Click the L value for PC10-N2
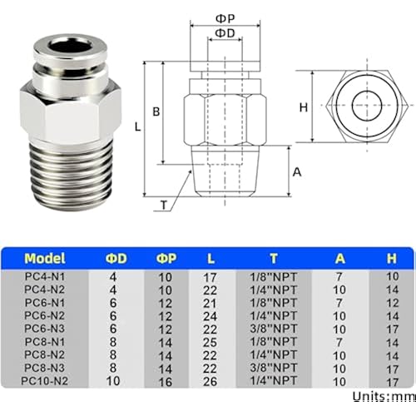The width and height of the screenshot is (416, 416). pyautogui.click(x=210, y=381)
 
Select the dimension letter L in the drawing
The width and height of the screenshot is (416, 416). pyautogui.click(x=139, y=126)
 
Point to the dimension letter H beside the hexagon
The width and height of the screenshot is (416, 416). pyautogui.click(x=304, y=106)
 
